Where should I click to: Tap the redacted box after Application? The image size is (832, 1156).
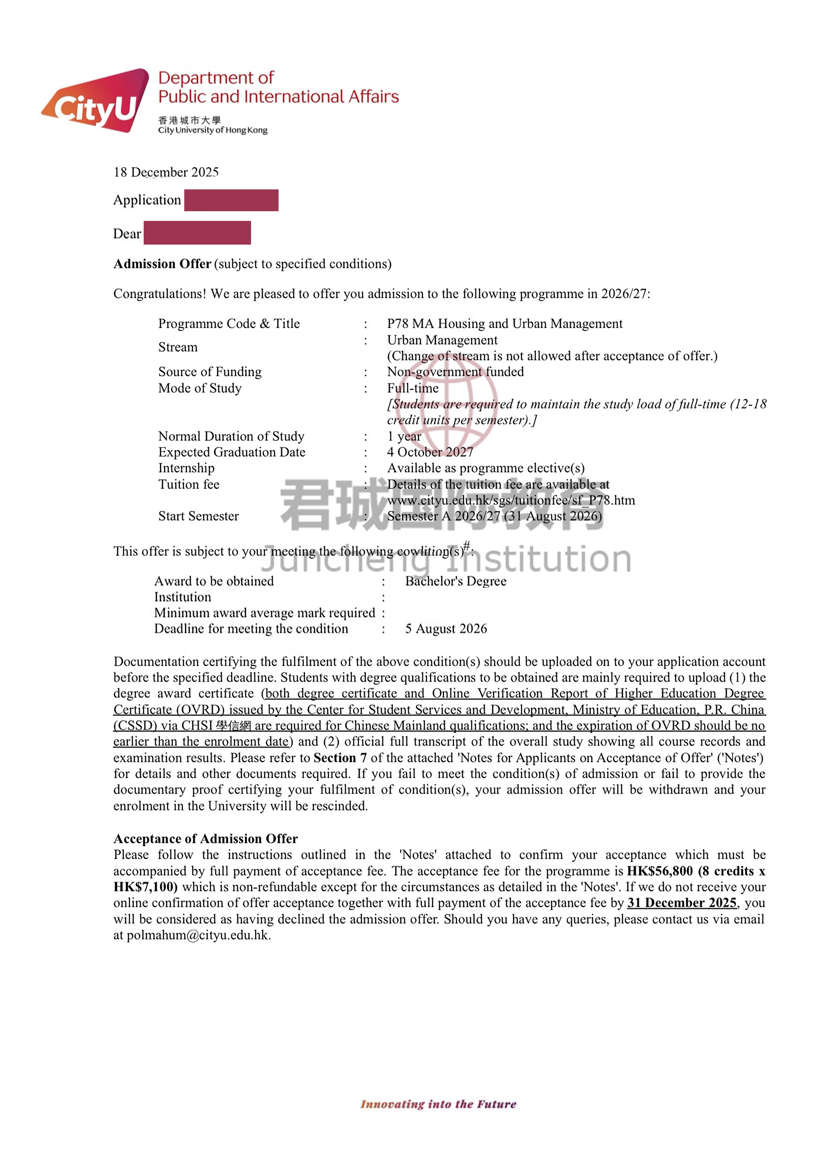pos(231,200)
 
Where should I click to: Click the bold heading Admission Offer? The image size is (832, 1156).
pos(162,264)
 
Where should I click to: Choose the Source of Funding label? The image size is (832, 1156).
pos(209,372)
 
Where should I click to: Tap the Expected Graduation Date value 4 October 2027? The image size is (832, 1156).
pos(430,452)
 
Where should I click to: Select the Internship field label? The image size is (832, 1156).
pos(186,468)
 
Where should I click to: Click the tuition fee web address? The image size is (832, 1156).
pos(511,500)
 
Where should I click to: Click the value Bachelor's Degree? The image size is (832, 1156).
pos(455,581)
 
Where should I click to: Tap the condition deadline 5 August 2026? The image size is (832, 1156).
pos(446,628)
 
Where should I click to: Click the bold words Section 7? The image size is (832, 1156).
pos(340,758)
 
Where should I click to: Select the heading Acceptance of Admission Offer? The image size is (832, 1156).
pos(205,838)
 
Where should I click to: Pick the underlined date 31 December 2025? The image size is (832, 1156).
pos(682,903)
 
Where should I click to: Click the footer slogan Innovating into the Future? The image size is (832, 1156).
pos(438,1104)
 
